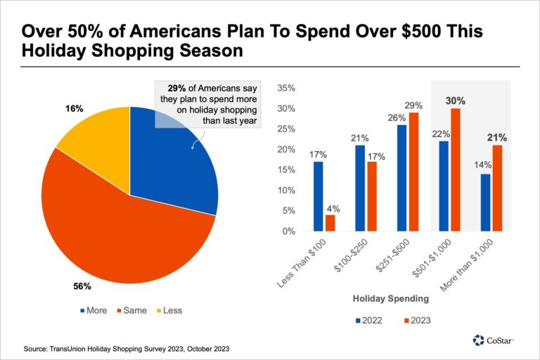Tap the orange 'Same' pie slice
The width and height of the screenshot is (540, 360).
120,225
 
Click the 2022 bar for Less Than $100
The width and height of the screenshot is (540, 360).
318,196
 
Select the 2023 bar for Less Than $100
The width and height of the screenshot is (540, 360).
330,223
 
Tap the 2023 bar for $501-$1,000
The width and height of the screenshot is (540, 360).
455,169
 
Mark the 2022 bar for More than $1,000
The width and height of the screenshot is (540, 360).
485,202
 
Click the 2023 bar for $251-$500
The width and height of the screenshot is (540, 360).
413,172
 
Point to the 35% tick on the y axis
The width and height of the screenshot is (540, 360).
288,88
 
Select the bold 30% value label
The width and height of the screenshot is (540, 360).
455,101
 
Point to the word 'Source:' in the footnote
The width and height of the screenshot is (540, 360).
36,349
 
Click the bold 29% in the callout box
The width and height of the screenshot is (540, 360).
177,89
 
